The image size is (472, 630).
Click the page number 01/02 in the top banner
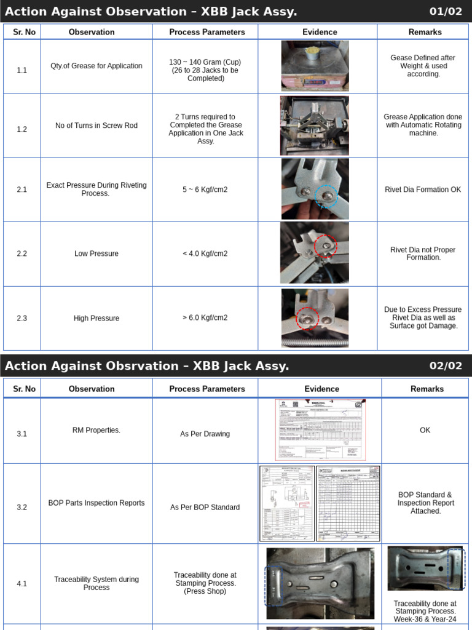tap(446, 12)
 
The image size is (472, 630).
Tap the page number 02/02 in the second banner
tap(446, 366)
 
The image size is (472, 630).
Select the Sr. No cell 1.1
tap(22, 70)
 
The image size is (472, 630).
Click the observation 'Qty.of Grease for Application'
tap(96, 66)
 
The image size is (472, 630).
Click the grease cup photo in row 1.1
tap(315, 66)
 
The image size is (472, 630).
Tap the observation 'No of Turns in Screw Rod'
tap(96, 126)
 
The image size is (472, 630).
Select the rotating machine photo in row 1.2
tap(315, 126)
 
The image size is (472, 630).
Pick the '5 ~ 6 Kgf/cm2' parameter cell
tap(205, 189)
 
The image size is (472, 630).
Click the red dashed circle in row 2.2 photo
tap(326, 246)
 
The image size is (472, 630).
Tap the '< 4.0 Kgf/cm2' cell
tap(205, 253)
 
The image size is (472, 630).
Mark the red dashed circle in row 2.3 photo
tap(307, 319)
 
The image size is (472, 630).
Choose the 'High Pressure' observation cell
tap(96, 318)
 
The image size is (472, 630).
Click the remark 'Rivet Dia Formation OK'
tap(423, 189)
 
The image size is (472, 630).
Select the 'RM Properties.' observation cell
tap(96, 430)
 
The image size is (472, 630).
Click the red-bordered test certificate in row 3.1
tap(320, 430)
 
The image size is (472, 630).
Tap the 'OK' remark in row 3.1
tap(425, 430)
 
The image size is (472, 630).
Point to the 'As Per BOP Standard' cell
tap(205, 508)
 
